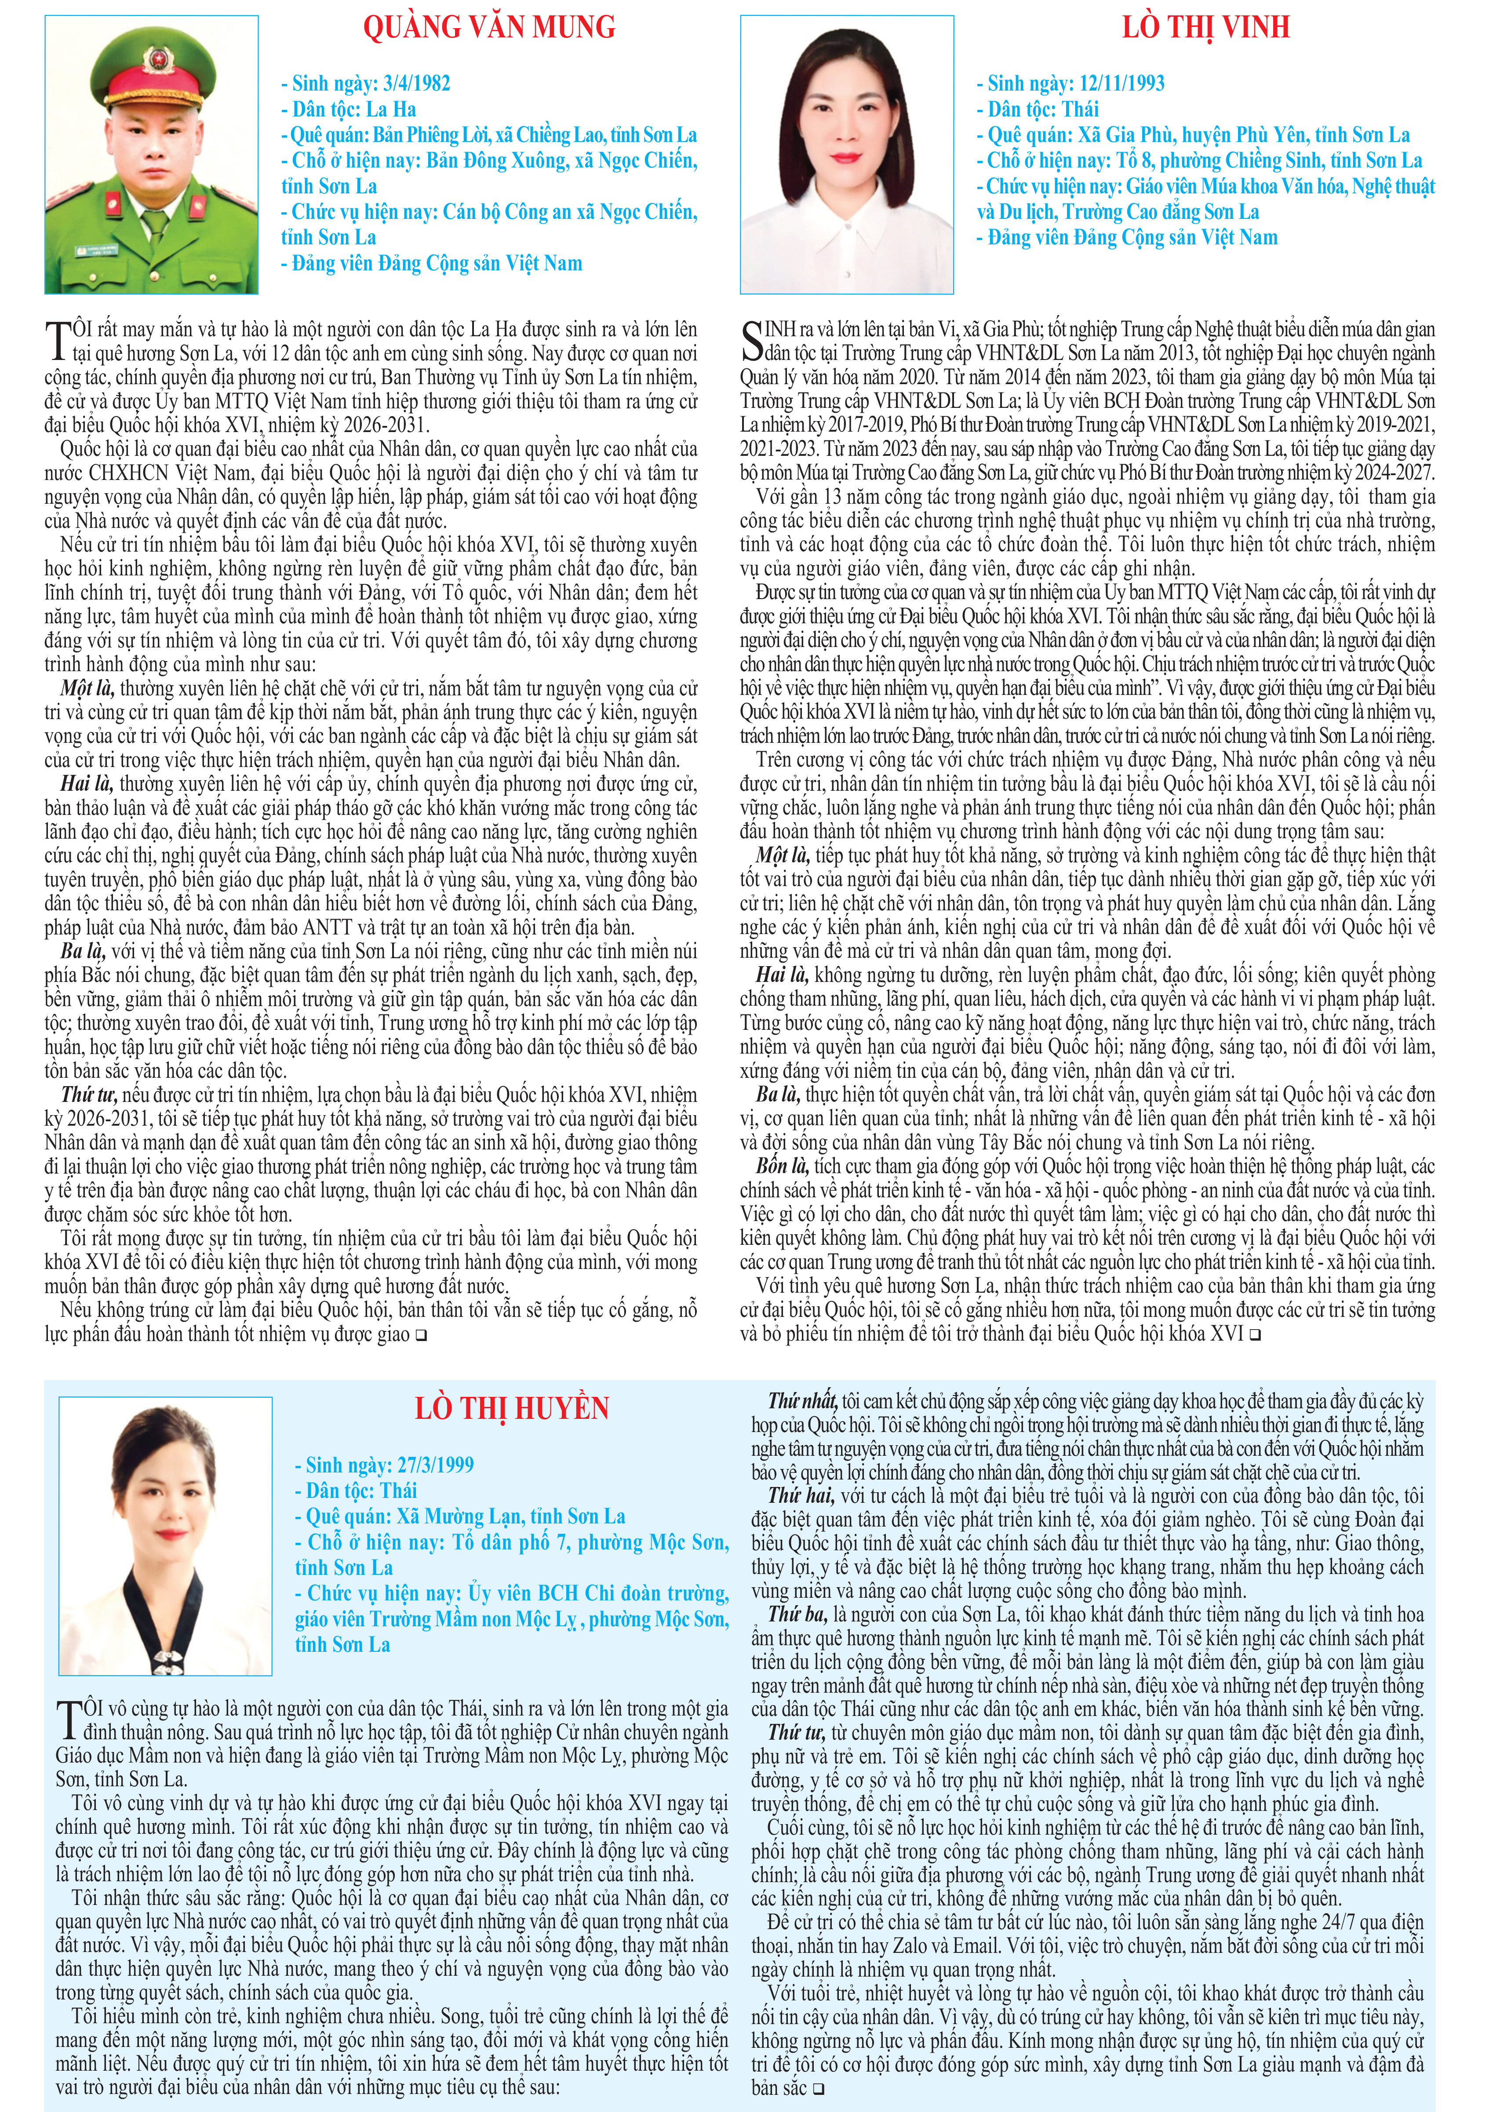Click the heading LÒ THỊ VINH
[1205, 28]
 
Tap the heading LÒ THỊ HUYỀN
[511, 1408]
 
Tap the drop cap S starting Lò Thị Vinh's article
[752, 340]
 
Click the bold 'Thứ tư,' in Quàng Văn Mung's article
[88, 1094]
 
